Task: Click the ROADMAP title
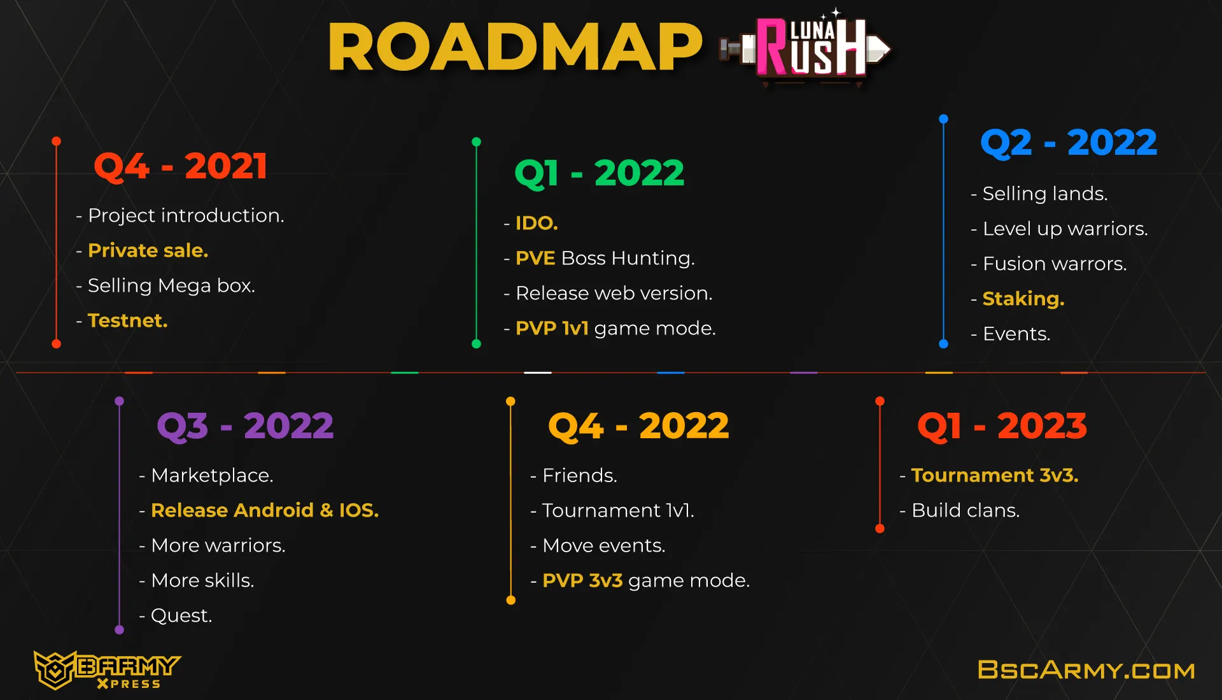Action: (515, 47)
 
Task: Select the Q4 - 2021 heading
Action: (180, 166)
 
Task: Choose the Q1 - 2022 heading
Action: (599, 173)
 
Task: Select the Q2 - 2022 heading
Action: (1069, 143)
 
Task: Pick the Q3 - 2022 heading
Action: (245, 426)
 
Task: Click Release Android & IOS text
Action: (265, 510)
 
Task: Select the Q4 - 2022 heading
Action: (638, 426)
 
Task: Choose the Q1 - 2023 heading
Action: (1002, 426)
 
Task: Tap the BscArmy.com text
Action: (1086, 670)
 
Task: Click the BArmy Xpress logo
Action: (107, 670)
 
